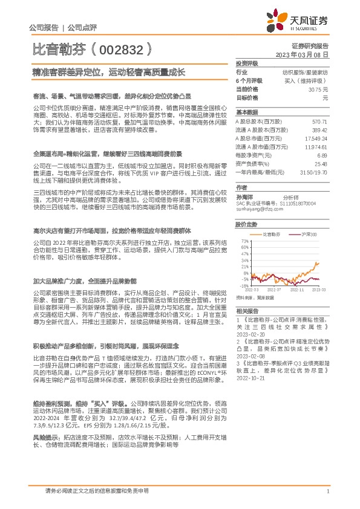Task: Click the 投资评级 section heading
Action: pyautogui.click(x=246, y=63)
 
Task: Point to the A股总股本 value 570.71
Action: pyautogui.click(x=319, y=122)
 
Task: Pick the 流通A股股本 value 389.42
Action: pyautogui.click(x=319, y=130)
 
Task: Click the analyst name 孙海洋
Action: pyautogui.click(x=245, y=197)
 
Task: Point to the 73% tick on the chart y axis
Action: pyautogui.click(x=245, y=241)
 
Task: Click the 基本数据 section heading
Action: pyautogui.click(x=246, y=112)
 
